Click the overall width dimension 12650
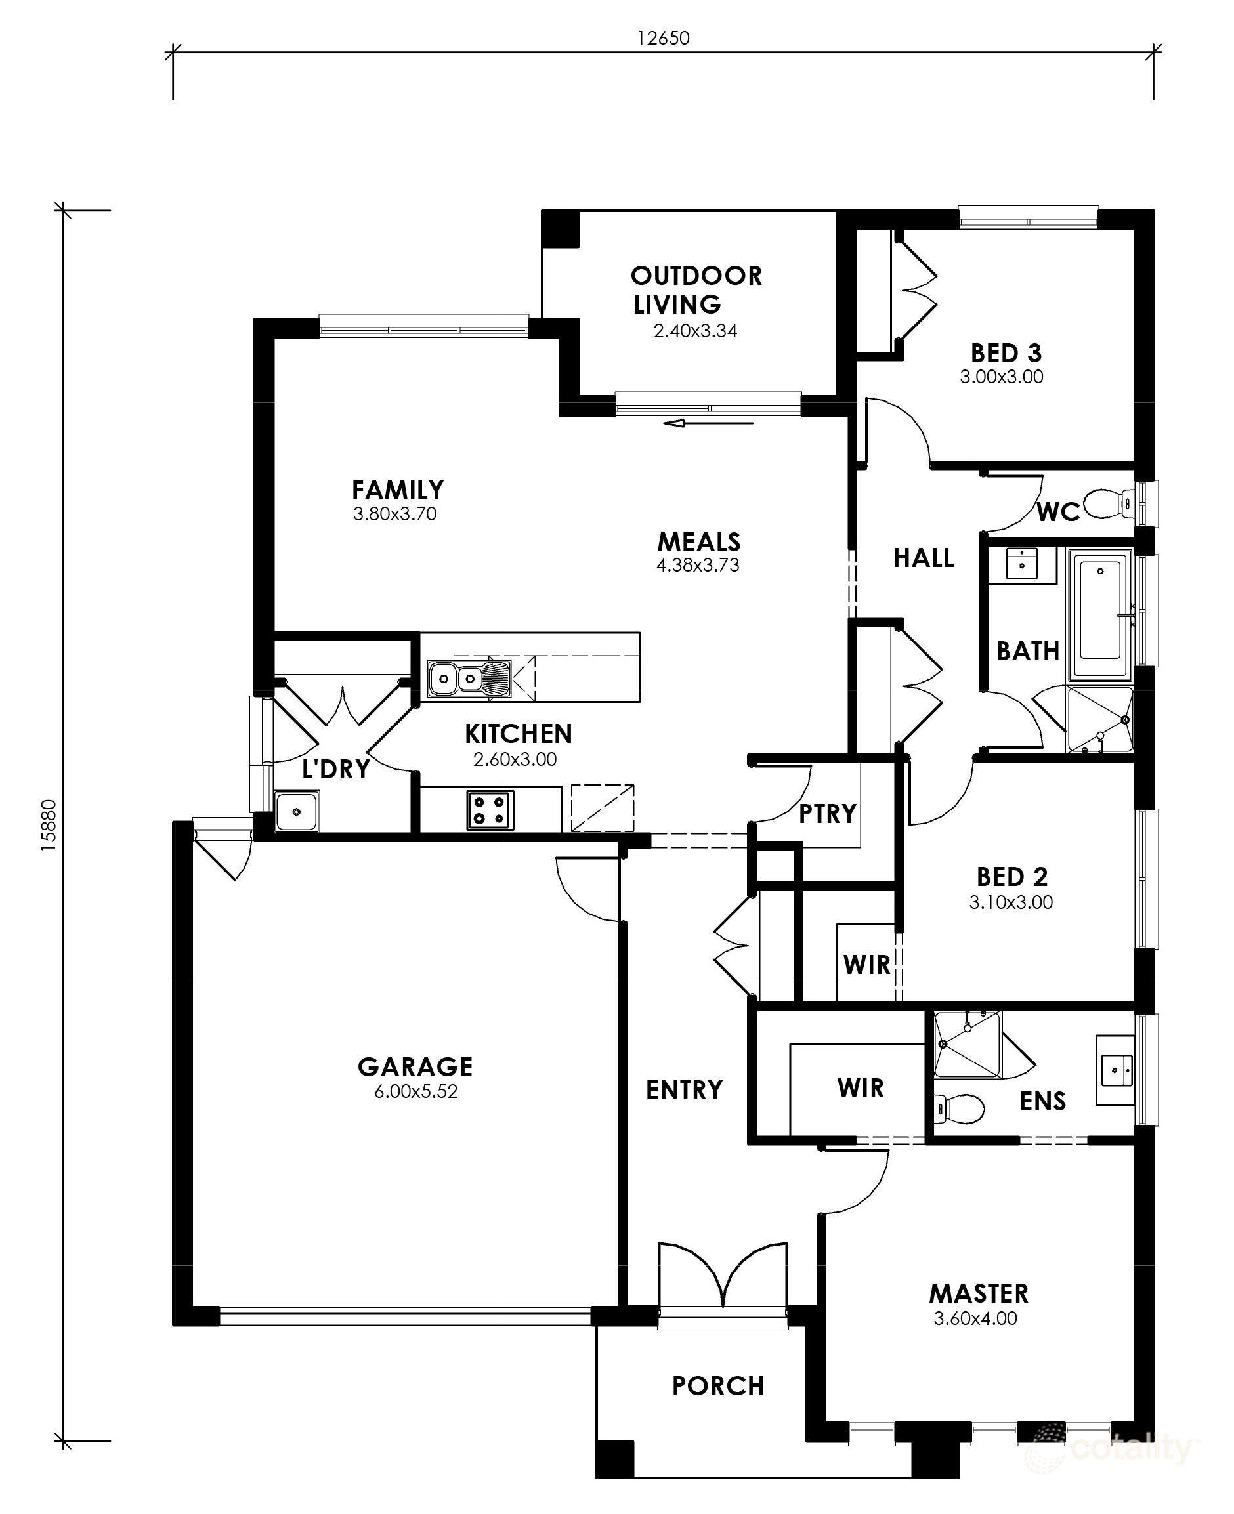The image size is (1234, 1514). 662,37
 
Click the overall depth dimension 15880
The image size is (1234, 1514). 48,825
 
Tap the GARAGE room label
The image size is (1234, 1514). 415,1066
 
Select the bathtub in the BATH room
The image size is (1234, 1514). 1100,618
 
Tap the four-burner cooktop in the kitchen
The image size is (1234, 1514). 490,810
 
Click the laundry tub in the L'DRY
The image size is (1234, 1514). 297,811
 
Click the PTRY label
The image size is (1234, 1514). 828,813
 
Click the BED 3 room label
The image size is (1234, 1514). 1006,352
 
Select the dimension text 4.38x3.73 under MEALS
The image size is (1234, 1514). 697,565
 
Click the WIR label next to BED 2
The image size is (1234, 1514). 866,965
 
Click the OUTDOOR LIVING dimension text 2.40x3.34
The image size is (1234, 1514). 695,331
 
